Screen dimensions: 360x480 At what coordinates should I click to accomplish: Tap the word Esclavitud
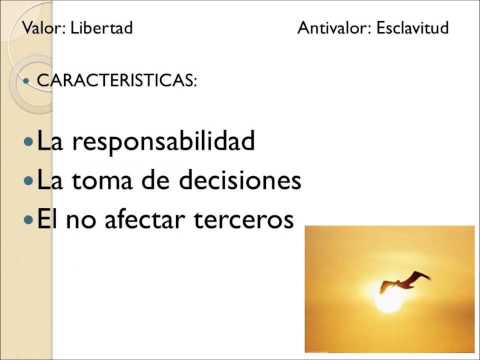(x=412, y=28)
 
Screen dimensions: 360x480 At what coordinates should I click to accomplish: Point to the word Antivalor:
(x=334, y=28)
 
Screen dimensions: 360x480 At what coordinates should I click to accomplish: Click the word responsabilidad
(x=164, y=142)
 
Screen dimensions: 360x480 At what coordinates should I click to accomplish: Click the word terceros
(x=246, y=219)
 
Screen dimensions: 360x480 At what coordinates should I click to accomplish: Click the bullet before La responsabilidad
(x=27, y=143)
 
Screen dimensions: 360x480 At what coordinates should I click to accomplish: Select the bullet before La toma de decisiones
(x=27, y=182)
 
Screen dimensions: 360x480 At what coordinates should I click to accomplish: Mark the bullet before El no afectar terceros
(x=27, y=220)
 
